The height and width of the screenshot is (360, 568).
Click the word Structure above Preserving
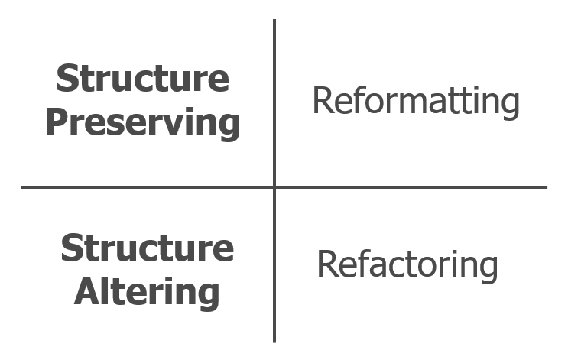[142, 79]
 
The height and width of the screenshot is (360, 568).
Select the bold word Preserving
[142, 123]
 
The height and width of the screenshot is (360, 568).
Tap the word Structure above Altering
[147, 248]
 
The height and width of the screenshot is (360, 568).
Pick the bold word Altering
[147, 292]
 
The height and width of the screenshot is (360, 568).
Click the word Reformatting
[416, 102]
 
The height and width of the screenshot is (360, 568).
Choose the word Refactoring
[407, 264]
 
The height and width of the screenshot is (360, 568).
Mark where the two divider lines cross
[274, 186]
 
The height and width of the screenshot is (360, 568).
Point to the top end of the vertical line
[274, 21]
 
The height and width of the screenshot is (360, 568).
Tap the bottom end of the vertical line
[274, 341]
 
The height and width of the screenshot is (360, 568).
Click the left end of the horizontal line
[23, 186]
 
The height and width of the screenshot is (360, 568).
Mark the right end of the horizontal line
[546, 186]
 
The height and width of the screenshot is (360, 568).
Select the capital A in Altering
[88, 291]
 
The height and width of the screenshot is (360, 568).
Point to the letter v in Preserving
[175, 125]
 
